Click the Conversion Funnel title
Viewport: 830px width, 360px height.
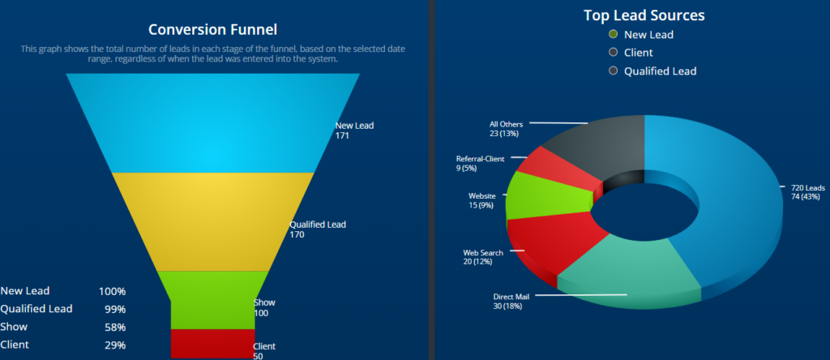coord(213,30)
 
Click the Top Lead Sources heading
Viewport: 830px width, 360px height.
coord(644,15)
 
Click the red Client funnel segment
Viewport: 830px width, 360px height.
coord(212,343)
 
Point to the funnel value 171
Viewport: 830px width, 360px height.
coord(342,136)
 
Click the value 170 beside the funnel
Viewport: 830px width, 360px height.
coord(297,235)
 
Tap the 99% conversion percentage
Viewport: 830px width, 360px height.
coord(115,309)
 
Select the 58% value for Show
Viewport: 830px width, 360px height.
coord(115,328)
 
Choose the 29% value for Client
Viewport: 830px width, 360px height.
coord(115,345)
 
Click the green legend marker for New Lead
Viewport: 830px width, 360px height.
coord(614,34)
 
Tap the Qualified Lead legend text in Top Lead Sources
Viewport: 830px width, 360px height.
coord(660,71)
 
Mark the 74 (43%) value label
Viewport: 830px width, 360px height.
coord(806,197)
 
